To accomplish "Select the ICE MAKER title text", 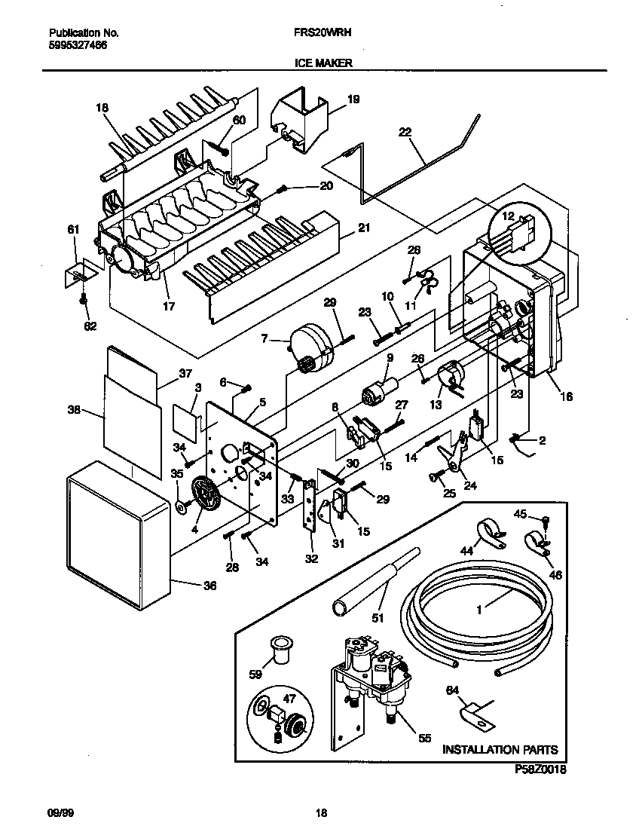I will pyautogui.click(x=323, y=64).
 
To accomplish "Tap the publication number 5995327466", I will pyautogui.click(x=78, y=44).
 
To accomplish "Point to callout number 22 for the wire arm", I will pyautogui.click(x=405, y=132).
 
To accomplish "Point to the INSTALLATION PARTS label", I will pyautogui.click(x=500, y=750).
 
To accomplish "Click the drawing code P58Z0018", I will pyautogui.click(x=540, y=769).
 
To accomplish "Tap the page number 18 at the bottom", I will pyautogui.click(x=321, y=812).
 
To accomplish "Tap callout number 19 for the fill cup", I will pyautogui.click(x=353, y=99).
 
